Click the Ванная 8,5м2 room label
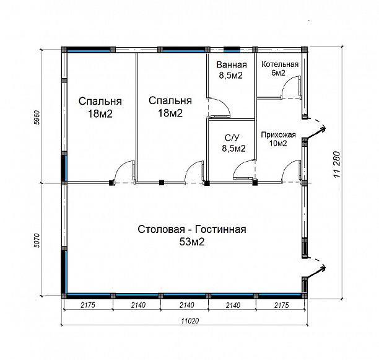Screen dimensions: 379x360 232,70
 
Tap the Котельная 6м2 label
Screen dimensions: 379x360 280,68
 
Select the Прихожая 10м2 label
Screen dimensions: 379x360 278,139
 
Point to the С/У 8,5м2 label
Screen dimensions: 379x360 233,143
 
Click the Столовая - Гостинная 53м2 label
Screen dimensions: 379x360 192,235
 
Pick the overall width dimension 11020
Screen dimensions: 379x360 190,321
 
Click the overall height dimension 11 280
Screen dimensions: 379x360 337,164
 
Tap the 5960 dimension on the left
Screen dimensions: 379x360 37,117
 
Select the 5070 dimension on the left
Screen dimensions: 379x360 37,240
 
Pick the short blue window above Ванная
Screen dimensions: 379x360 232,50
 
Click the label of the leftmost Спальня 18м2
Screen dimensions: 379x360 100,107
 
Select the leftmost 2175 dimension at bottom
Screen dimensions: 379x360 88,305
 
